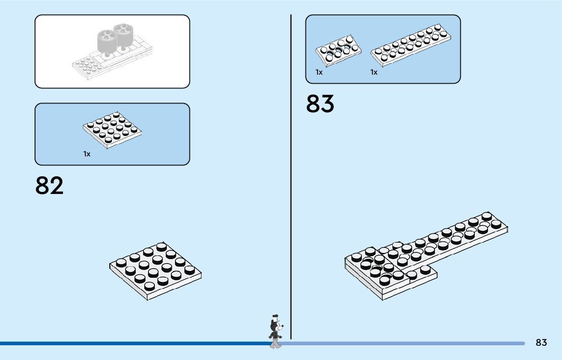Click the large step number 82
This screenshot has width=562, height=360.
pos(49,186)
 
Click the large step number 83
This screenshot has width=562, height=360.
pos(320,104)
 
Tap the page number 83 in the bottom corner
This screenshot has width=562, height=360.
pos(541,343)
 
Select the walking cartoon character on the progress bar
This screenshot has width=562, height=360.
pos(275,333)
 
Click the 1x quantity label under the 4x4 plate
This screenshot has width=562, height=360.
pos(87,154)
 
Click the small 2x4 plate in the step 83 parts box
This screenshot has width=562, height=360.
pos(338,49)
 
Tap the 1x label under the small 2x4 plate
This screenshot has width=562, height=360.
pos(319,72)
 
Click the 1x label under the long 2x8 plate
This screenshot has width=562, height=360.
pos(374,72)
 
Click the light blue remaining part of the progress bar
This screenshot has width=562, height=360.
pos(407,344)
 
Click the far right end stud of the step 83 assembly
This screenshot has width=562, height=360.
pos(487,216)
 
